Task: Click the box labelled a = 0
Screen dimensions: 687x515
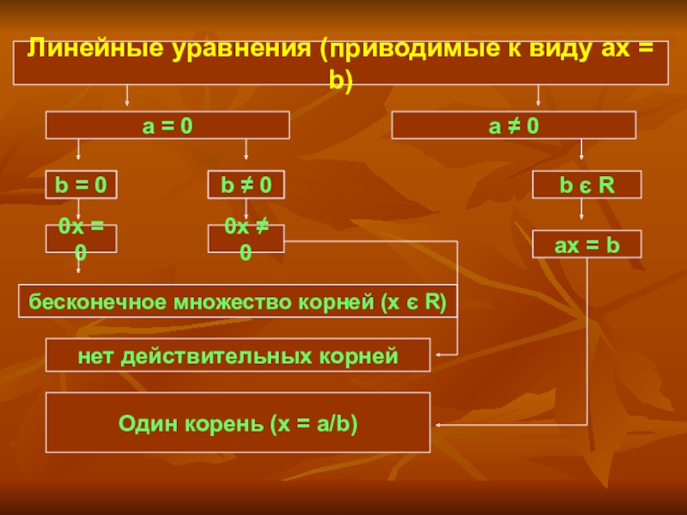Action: coord(167,126)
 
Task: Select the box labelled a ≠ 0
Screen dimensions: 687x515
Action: coord(514,126)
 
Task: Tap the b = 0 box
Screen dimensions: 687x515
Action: coord(81,185)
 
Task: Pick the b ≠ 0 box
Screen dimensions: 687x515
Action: coord(246,185)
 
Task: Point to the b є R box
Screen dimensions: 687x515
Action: coord(587,185)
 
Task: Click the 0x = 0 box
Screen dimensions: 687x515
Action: coord(81,239)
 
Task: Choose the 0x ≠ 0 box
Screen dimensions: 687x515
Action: coord(246,239)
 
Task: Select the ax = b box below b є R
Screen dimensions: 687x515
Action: coord(587,245)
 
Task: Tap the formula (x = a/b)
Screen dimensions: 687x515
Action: coord(314,423)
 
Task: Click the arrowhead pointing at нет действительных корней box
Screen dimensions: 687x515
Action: coord(441,354)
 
